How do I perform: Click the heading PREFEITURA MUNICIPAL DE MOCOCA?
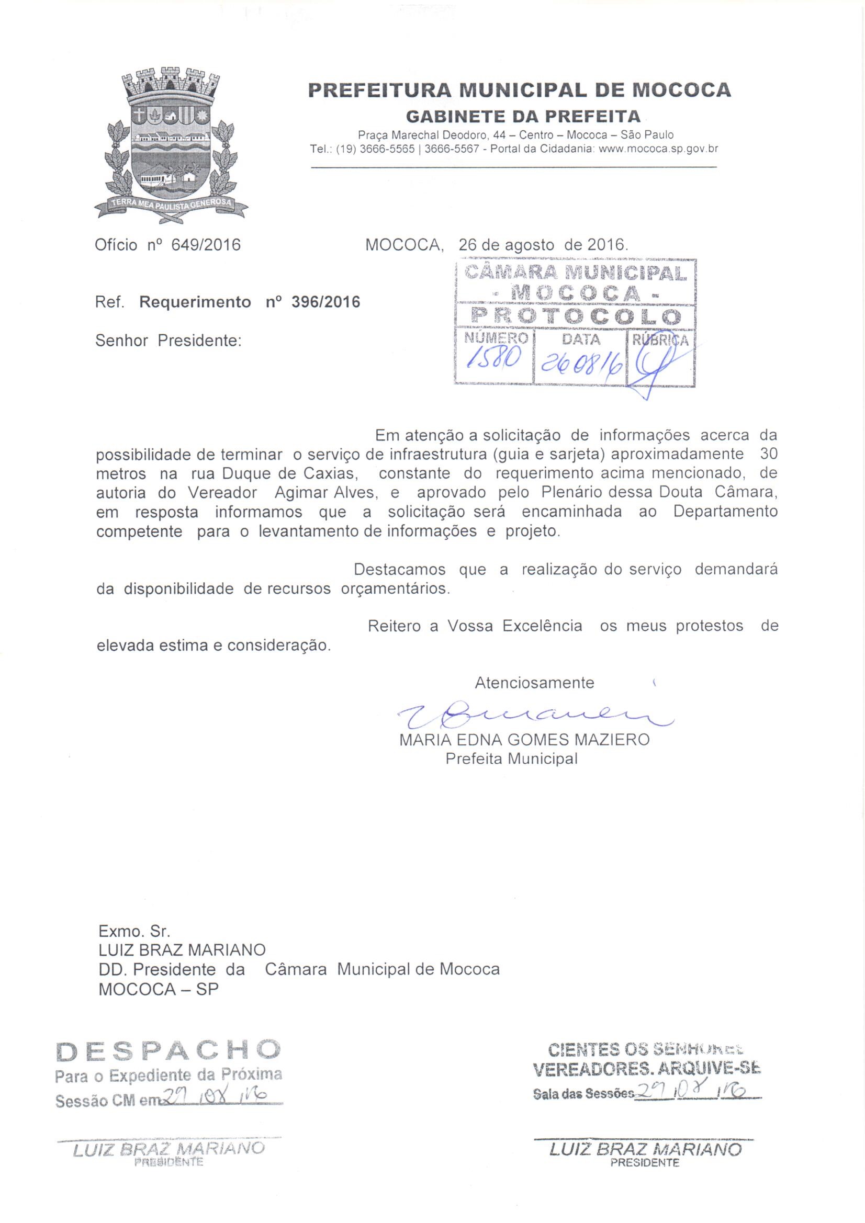coord(520,89)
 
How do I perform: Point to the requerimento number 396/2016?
coord(325,302)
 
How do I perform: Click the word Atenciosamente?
coord(534,682)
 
